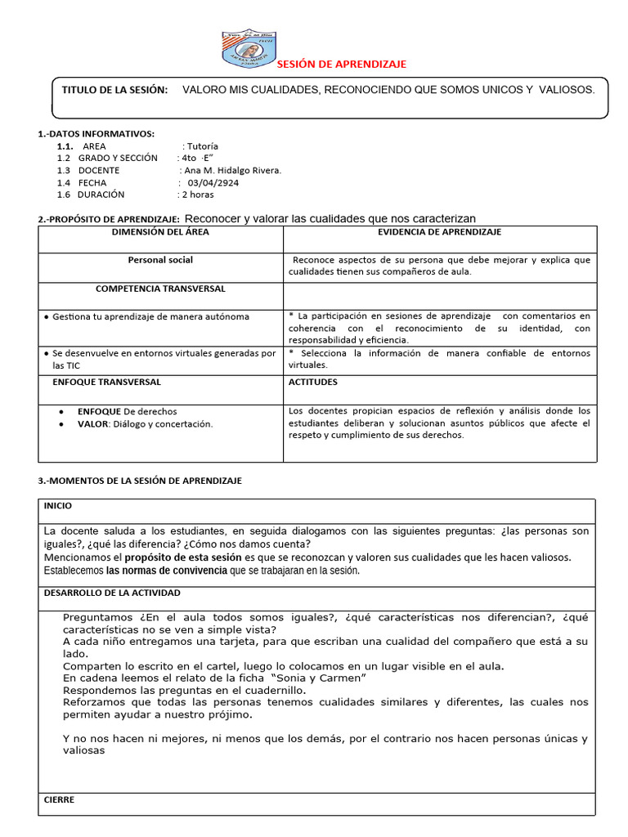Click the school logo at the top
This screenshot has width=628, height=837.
pos(250,49)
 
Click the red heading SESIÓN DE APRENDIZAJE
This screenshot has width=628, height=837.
pos(341,65)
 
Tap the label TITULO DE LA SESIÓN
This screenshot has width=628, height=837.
pos(114,89)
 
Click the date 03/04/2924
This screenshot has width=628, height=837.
pos(213,183)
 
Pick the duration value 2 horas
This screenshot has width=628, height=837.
pos(199,195)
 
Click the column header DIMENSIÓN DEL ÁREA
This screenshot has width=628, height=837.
pos(160,232)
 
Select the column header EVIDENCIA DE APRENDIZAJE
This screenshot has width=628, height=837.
pos(439,232)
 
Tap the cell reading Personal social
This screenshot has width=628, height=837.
pos(160,260)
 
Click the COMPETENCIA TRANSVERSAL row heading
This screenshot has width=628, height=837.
pos(160,289)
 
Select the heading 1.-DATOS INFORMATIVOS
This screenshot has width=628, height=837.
pos(96,133)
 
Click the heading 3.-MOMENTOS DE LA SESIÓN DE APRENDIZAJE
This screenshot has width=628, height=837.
pos(140,481)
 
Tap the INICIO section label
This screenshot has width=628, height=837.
pos(58,506)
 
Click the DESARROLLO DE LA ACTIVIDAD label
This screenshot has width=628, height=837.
pos(112,593)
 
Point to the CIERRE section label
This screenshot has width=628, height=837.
pos(59,799)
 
